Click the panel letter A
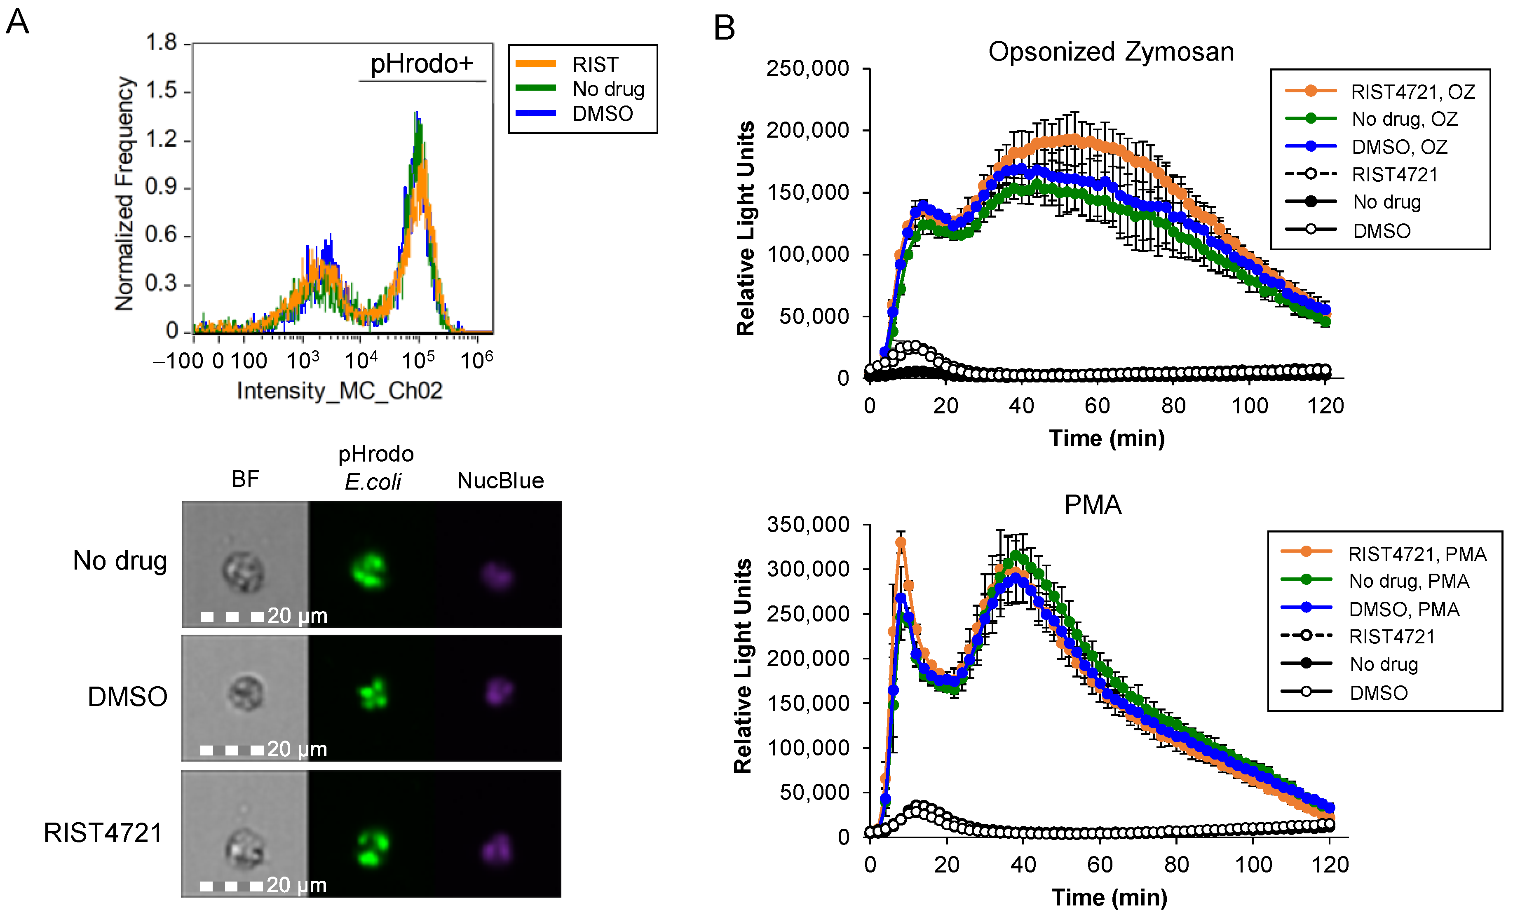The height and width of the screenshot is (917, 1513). (17, 22)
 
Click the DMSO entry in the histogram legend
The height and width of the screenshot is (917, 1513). (602, 114)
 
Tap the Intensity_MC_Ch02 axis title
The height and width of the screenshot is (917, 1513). (340, 391)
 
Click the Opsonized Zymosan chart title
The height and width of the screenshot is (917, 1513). (1110, 52)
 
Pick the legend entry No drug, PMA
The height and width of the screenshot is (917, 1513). (1409, 581)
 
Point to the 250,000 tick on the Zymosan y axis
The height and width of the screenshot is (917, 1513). (807, 68)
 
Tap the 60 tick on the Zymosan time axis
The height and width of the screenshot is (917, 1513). (1097, 406)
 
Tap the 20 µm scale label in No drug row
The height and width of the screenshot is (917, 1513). (297, 616)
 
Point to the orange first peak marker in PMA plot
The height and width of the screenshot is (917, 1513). (901, 543)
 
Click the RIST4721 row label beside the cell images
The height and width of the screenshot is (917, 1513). (103, 833)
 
